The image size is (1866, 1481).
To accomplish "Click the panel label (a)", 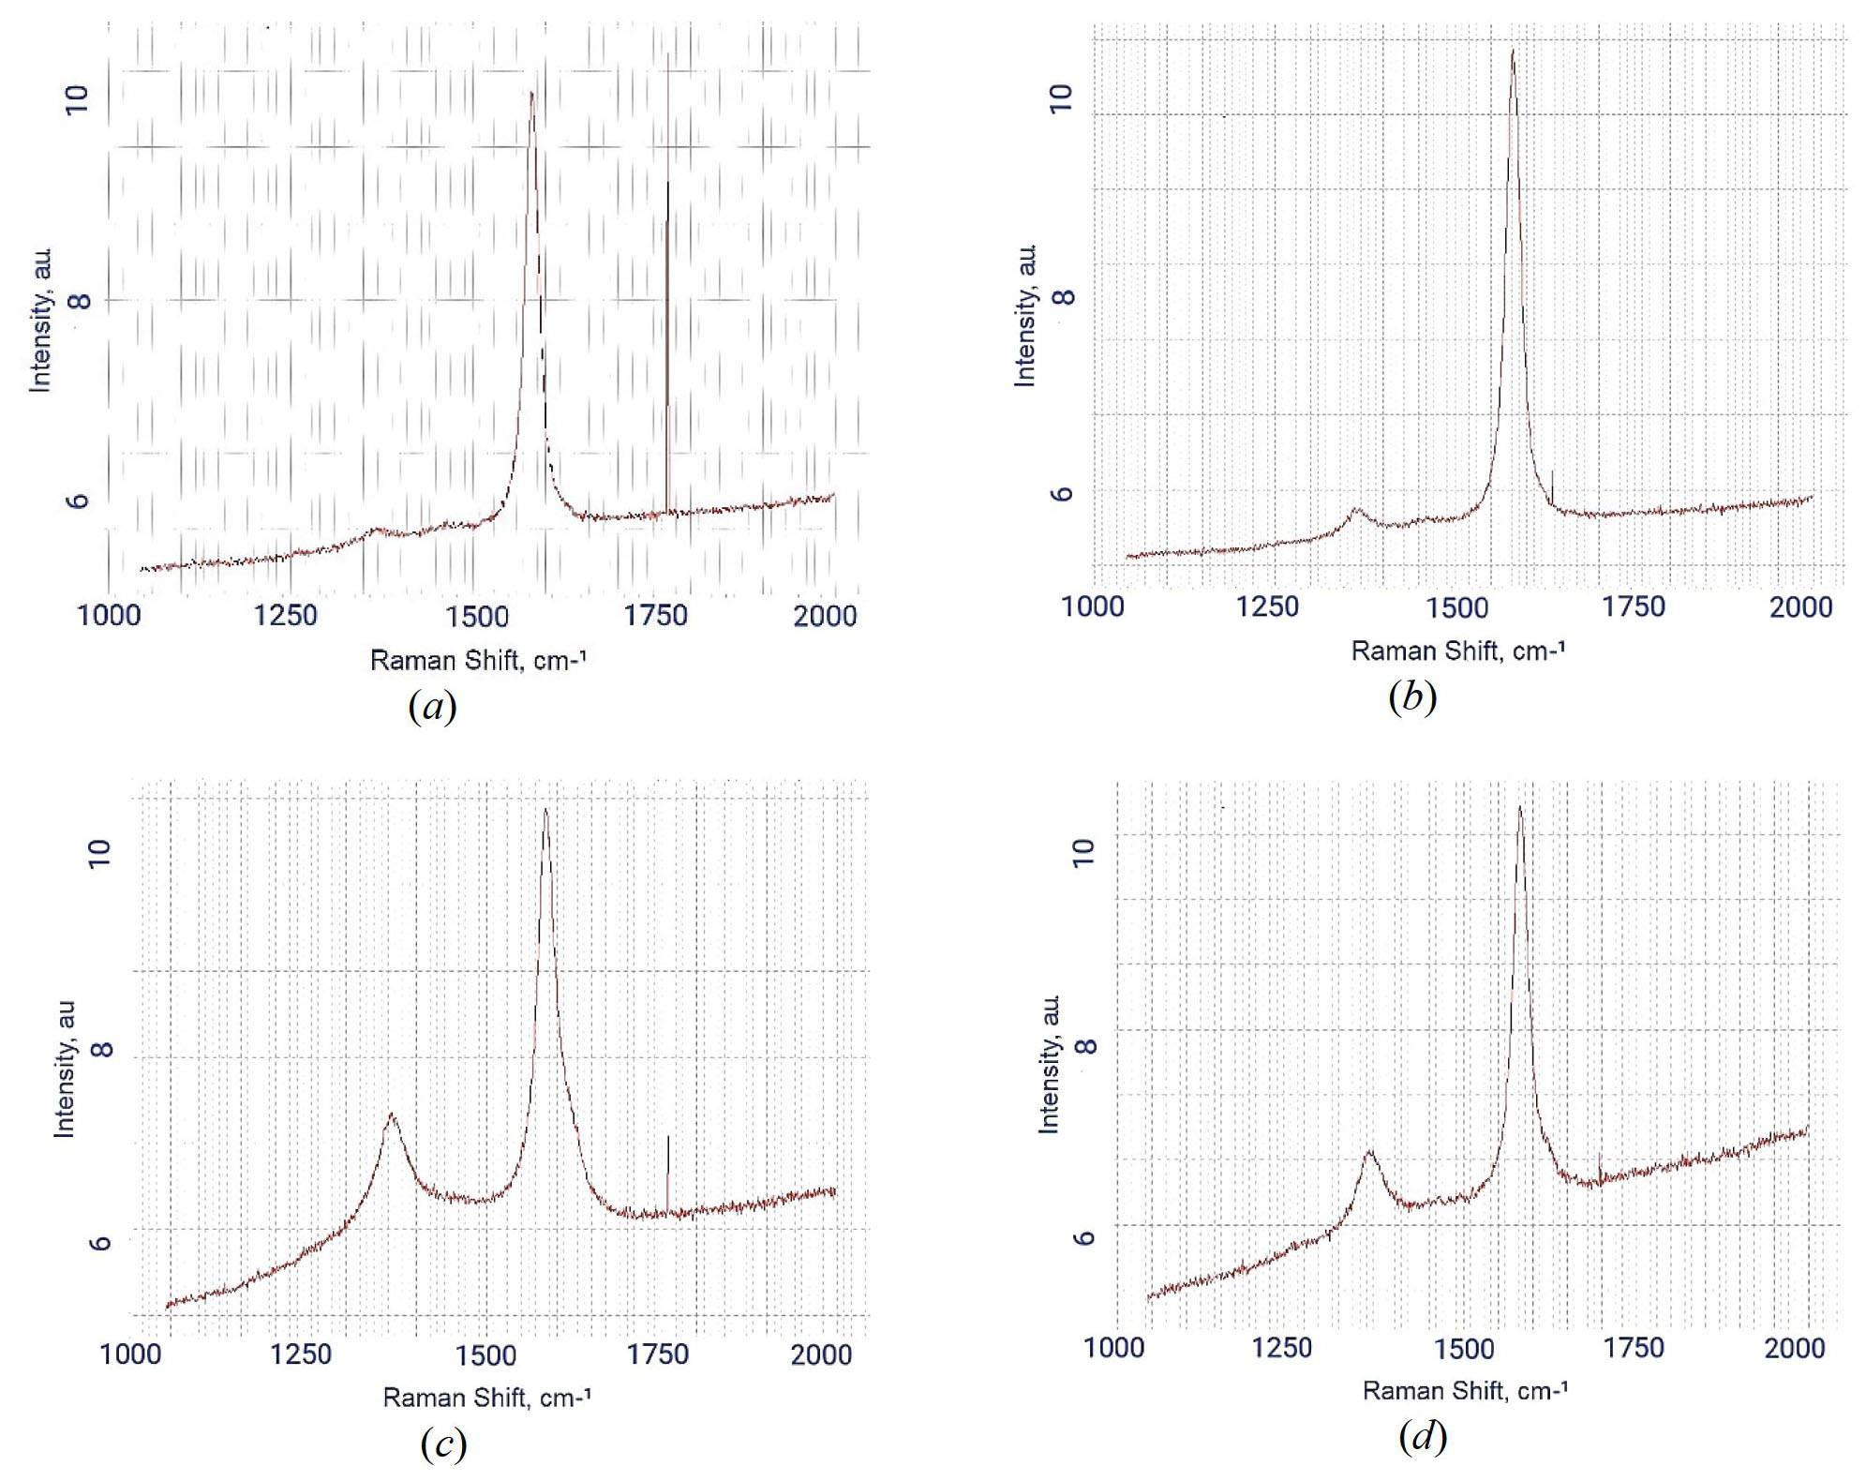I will click(x=432, y=706).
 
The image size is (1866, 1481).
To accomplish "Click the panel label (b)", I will click(x=1411, y=696).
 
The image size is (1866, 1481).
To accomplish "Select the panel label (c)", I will click(x=443, y=1444).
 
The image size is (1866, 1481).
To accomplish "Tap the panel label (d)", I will click(x=1422, y=1435).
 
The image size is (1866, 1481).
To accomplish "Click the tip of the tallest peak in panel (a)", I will click(x=531, y=93).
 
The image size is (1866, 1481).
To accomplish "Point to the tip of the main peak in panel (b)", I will click(x=1512, y=51).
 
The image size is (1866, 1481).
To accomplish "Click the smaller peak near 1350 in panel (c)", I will click(x=391, y=1114).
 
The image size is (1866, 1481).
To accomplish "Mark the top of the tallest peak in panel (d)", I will click(x=1519, y=807).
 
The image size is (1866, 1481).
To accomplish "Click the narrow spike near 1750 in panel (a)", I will click(x=667, y=184).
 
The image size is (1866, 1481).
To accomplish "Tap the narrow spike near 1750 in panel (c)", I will click(x=667, y=1137).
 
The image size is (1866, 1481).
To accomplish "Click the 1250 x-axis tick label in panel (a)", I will click(x=285, y=616).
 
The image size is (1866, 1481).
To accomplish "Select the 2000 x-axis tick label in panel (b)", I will click(x=1800, y=607).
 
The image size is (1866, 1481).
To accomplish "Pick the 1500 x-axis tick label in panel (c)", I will click(x=485, y=1355).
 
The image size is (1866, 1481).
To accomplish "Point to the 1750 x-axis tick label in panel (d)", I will click(x=1634, y=1348).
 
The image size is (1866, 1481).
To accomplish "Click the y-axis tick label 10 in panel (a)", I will click(x=77, y=98).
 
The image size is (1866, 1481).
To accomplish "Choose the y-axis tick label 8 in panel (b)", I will click(x=1063, y=297).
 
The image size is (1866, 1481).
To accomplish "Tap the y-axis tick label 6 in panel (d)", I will click(x=1083, y=1237).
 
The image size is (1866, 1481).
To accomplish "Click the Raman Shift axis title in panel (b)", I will click(x=1457, y=651).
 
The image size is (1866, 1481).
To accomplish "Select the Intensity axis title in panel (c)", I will click(x=64, y=1069).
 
